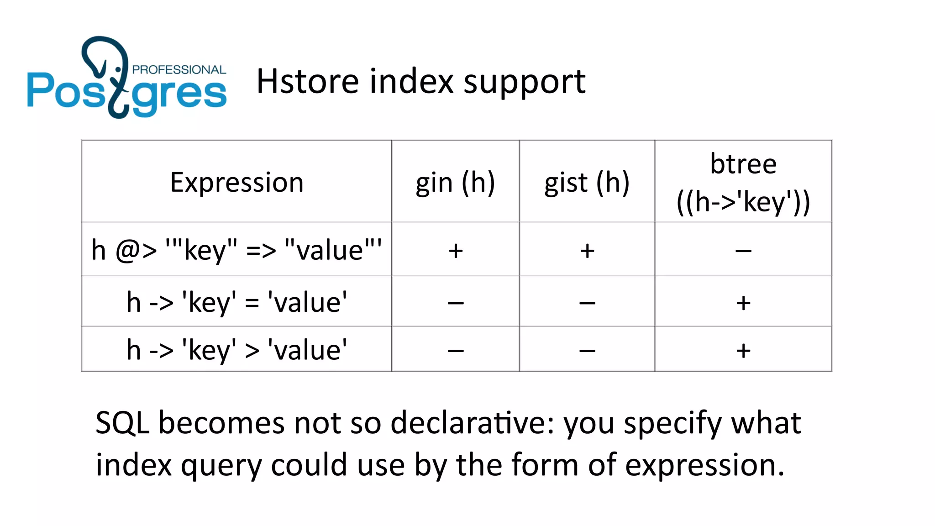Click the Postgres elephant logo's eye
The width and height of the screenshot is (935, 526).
click(x=118, y=69)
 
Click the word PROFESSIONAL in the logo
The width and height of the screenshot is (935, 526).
click(x=179, y=70)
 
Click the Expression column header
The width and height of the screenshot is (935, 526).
click(x=236, y=182)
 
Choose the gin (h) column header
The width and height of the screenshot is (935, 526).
click(x=455, y=182)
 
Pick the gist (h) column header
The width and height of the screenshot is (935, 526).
click(x=587, y=182)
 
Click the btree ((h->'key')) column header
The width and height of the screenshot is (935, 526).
click(x=743, y=182)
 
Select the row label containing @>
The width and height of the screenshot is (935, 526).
click(x=236, y=250)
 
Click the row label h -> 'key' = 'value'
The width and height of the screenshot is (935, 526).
click(x=236, y=302)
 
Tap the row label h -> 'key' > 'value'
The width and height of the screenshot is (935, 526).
click(x=236, y=350)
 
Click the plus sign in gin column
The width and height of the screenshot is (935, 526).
click(x=456, y=251)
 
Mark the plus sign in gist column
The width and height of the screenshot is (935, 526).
click(x=587, y=251)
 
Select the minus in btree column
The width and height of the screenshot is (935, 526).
click(x=743, y=251)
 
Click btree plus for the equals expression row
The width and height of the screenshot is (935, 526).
click(x=743, y=303)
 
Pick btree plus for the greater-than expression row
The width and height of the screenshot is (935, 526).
click(x=743, y=351)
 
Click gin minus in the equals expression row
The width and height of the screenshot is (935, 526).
click(x=456, y=303)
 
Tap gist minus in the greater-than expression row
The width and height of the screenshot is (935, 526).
click(x=587, y=351)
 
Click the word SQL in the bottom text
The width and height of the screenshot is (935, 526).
click(x=122, y=423)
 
